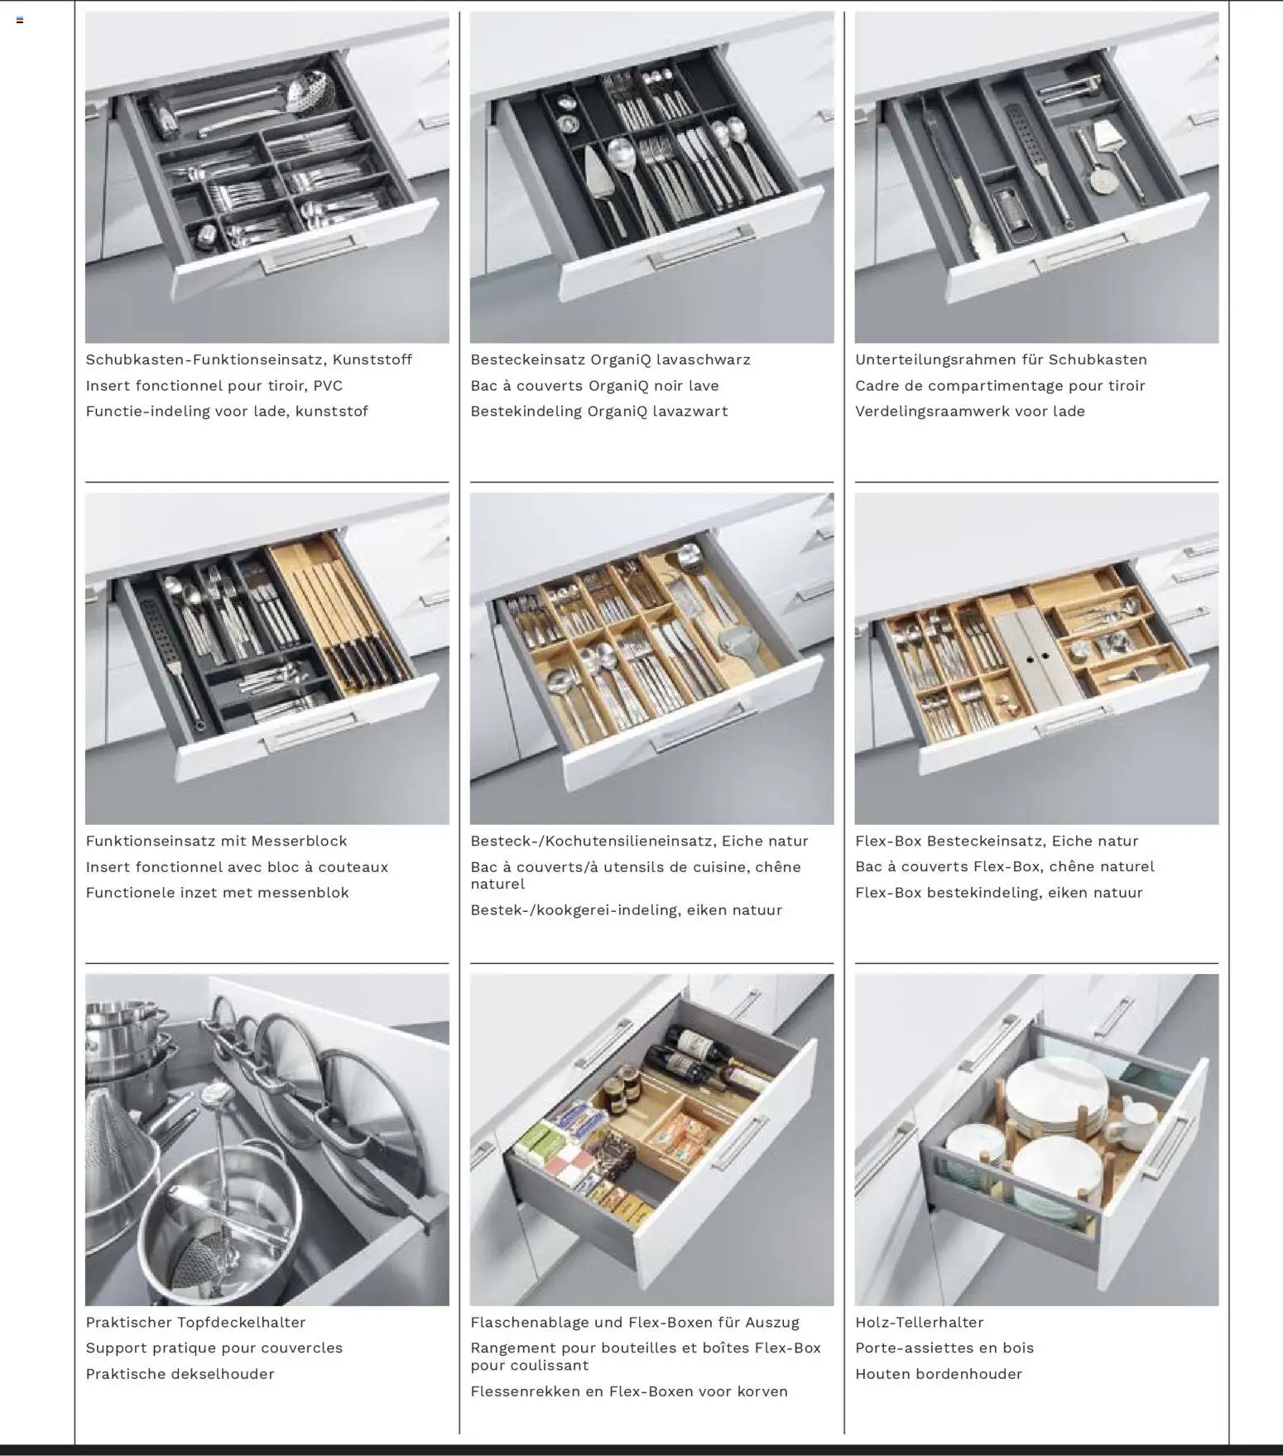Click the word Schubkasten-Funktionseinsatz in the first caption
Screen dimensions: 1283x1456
204,359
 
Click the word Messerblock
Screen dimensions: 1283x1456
300,841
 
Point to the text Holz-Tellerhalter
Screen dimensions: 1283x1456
919,1323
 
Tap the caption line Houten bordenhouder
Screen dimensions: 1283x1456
938,1374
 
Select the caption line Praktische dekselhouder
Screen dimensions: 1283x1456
180,1374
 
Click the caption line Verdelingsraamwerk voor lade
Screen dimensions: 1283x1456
969,411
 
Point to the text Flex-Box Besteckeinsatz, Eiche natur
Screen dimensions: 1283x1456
997,841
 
